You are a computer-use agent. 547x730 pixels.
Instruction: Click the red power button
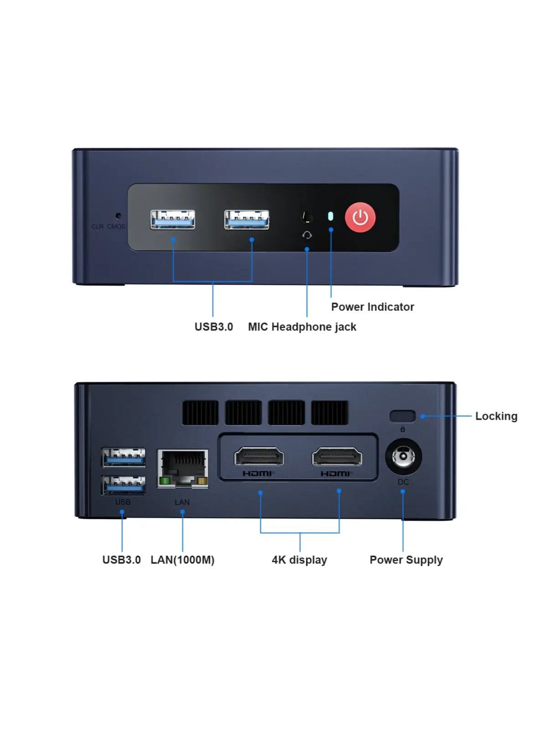pos(360,218)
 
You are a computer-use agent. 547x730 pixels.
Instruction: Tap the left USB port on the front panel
pos(173,219)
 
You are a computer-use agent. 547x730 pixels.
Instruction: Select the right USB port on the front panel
pos(247,219)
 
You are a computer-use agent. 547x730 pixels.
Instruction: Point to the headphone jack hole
pos(307,216)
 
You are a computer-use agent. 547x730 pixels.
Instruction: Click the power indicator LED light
pos(331,216)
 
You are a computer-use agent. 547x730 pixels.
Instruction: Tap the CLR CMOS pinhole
pos(119,215)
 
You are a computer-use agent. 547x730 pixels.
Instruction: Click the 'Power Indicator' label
pos(372,307)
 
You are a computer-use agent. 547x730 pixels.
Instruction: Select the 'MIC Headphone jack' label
pos(302,327)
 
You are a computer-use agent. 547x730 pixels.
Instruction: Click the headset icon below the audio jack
pos(307,235)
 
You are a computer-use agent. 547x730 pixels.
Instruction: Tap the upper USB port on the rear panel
pos(124,457)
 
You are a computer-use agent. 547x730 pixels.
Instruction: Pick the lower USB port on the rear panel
pos(124,485)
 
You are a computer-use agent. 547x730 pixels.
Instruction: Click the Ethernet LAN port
pos(183,468)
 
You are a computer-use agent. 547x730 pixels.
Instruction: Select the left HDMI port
pos(259,457)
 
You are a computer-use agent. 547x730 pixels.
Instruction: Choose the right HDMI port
pos(337,457)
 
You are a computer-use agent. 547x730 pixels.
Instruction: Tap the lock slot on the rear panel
pos(403,416)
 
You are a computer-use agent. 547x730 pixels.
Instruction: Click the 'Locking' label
pos(496,416)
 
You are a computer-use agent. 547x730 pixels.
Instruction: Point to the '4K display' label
pos(299,560)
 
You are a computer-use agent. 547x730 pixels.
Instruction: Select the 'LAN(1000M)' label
pos(182,560)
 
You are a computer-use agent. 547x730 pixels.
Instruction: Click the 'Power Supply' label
pos(406,560)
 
